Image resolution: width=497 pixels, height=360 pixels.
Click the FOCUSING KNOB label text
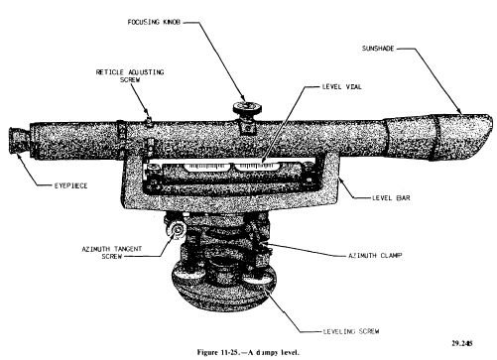coord(154,22)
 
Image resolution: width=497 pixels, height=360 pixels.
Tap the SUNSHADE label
coord(378,49)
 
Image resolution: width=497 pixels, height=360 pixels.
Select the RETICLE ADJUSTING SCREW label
coord(130,75)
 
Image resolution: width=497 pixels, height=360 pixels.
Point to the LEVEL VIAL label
coord(342,87)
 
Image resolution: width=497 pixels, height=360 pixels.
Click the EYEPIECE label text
coord(71,185)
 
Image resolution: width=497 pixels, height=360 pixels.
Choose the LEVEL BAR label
coord(391,198)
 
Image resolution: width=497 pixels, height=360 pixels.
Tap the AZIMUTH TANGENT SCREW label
coord(112,253)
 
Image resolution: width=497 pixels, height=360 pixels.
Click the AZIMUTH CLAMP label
coord(375,256)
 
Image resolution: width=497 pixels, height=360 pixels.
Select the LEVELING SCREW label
coord(351,331)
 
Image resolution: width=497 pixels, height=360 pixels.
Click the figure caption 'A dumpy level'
coord(248,352)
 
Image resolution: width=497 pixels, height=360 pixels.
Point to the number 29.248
coord(462,343)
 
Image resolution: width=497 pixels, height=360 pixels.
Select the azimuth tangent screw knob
coord(178,230)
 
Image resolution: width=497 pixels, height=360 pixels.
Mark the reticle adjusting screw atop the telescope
coord(149,121)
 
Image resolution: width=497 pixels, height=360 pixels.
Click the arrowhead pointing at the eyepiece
coord(19,156)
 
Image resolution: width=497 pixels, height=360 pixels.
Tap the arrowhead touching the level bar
coord(340,179)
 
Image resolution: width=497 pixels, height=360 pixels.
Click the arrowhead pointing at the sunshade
coord(459,111)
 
